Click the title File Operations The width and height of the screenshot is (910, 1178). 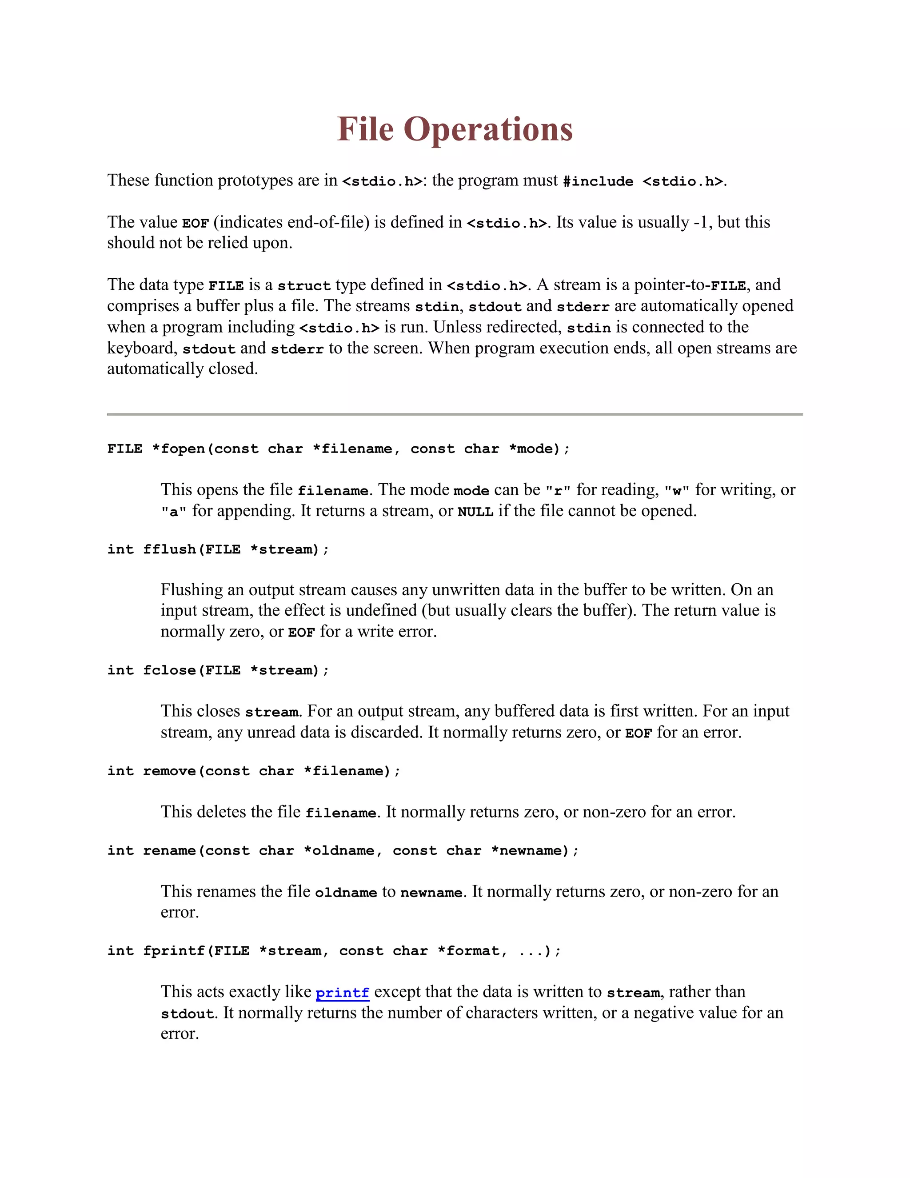click(455, 129)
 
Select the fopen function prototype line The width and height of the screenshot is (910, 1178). click(338, 449)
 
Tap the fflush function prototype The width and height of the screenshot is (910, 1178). click(218, 549)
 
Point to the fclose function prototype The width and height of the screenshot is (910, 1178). click(218, 670)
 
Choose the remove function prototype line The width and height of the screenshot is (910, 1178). click(253, 771)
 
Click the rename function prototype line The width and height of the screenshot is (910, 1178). click(343, 850)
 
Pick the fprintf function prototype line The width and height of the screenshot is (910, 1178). click(334, 951)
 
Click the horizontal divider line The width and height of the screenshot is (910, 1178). click(455, 414)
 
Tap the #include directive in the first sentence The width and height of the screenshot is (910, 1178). click(598, 181)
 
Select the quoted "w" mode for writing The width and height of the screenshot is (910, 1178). click(677, 491)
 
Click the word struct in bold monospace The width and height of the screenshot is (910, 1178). click(304, 286)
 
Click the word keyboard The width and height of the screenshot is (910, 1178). click(141, 349)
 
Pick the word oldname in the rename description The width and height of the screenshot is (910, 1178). click(346, 893)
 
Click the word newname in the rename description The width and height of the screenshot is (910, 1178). click(431, 893)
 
